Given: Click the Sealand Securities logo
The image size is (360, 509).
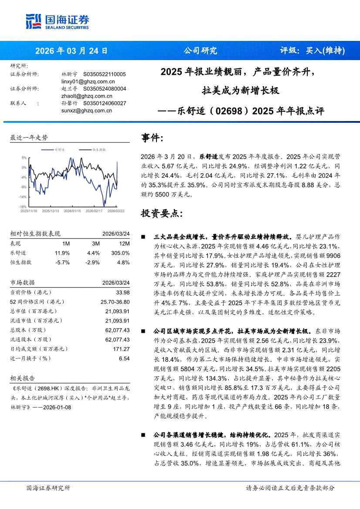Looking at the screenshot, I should coord(58,21).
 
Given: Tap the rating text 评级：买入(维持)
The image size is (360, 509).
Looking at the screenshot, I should coord(312,51).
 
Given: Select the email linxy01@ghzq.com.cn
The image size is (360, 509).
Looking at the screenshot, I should coord(88,81).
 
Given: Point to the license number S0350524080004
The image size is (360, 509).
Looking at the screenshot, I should coord(104,88).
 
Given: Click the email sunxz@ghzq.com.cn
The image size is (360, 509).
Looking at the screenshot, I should coord(87,111).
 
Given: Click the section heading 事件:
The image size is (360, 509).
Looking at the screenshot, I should coord(152,138).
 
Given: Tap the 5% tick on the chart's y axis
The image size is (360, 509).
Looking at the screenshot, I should coord(24,158).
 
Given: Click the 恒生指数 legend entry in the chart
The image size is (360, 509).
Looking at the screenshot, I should coord(99,149).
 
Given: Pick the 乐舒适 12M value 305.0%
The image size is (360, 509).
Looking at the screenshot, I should coord(120,253).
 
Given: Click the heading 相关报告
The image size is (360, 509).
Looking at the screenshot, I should coord(22,378).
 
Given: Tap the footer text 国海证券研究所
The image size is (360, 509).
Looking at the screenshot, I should coord(48,488).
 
